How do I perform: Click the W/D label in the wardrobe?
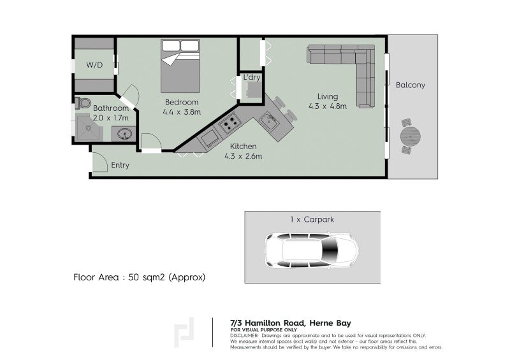(x=94, y=65)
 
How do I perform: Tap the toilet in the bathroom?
(x=83, y=103)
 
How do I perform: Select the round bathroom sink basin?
(x=124, y=134)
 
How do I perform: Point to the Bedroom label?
(x=182, y=102)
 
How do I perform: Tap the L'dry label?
(x=251, y=78)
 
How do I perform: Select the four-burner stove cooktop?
(x=230, y=122)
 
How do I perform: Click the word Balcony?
(x=410, y=85)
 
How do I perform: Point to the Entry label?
(x=120, y=165)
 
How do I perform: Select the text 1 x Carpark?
(x=312, y=219)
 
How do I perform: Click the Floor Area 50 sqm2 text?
(x=140, y=278)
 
